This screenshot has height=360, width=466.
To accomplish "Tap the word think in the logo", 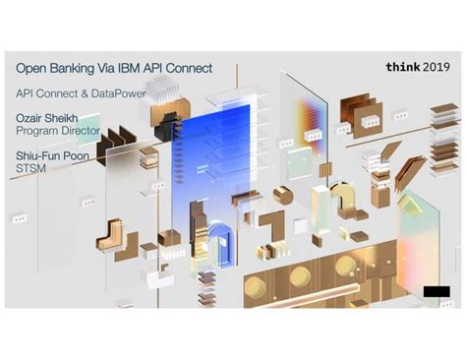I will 402,67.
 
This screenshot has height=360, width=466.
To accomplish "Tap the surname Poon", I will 76,155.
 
